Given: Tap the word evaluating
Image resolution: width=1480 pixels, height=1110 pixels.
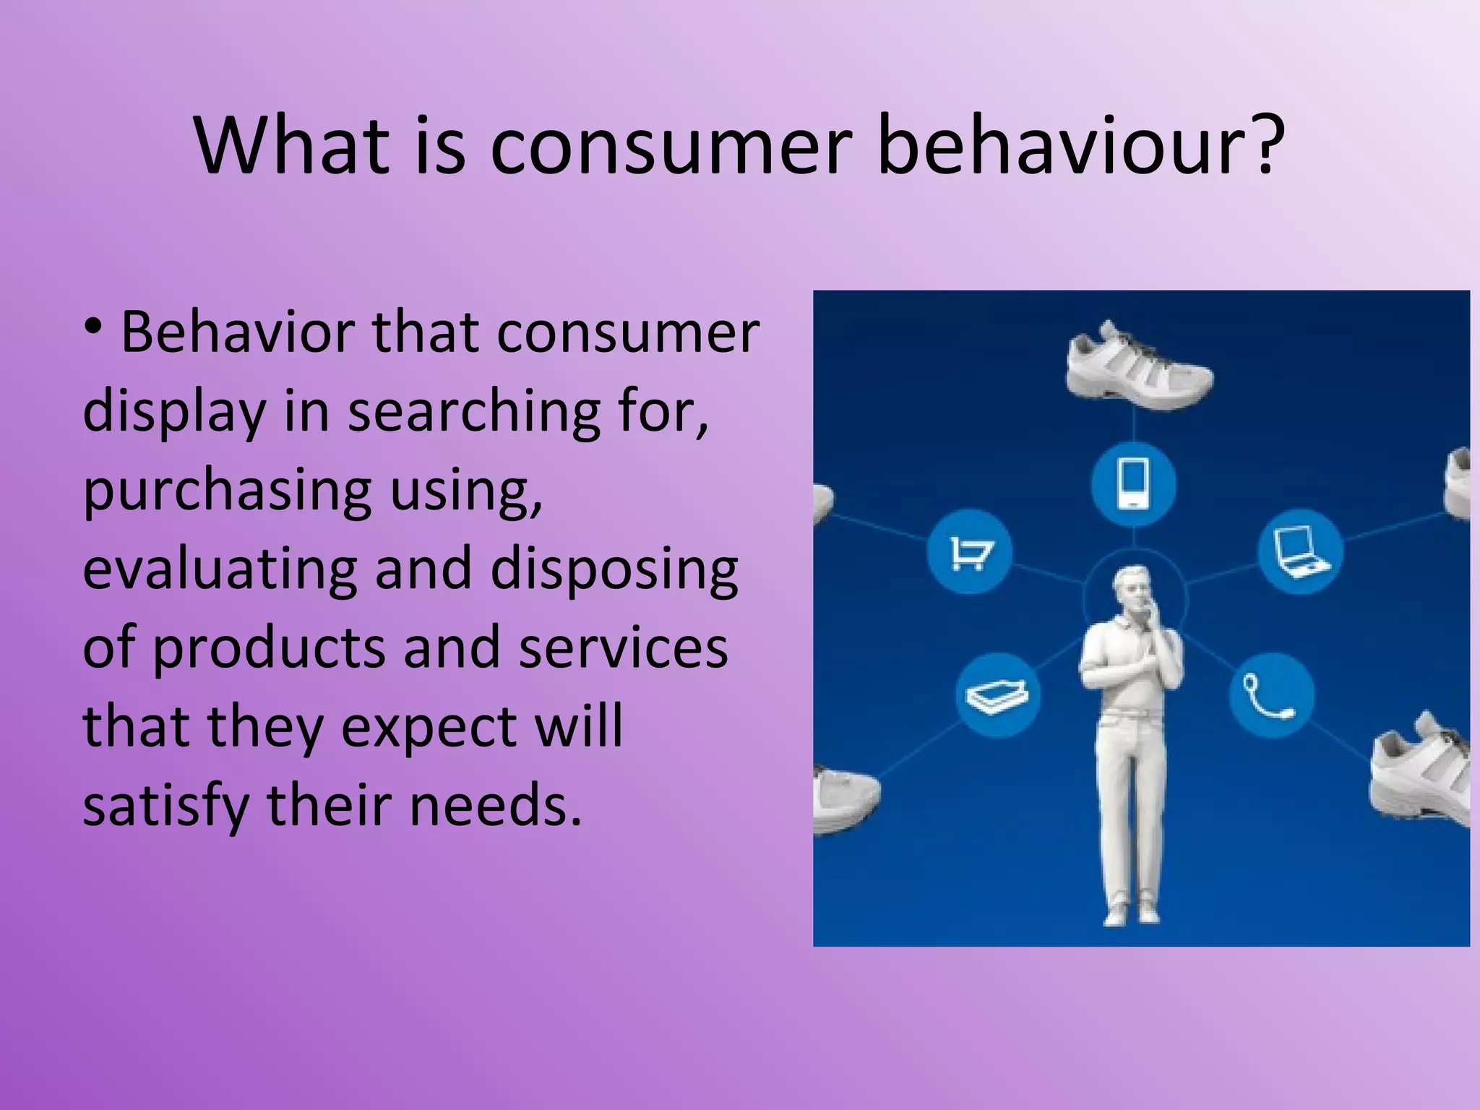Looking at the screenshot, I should (x=220, y=569).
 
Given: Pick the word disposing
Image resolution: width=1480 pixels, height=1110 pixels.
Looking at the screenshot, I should (x=614, y=569).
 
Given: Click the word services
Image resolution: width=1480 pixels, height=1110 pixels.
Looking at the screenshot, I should (x=623, y=647).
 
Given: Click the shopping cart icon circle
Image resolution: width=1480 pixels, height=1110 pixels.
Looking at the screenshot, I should (x=969, y=553).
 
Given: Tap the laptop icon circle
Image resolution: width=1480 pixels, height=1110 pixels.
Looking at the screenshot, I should (x=1301, y=553).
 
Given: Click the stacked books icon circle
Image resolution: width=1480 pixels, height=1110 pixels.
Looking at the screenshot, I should (x=998, y=695).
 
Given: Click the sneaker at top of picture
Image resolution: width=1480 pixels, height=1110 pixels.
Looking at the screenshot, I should (x=1139, y=369).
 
